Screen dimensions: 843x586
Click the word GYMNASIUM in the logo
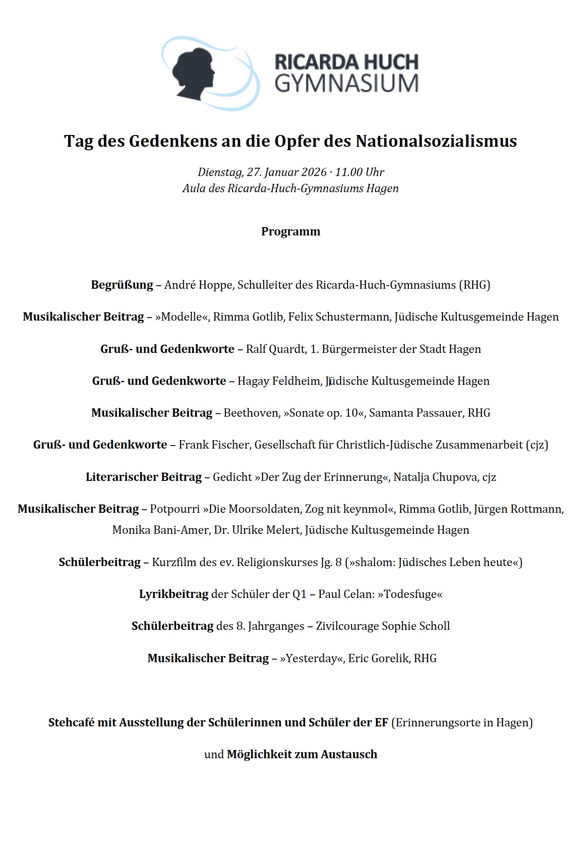[x=346, y=83]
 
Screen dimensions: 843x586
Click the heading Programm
[x=291, y=231]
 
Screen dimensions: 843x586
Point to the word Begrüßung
[x=122, y=285]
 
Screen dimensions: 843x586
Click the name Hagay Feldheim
[x=279, y=381]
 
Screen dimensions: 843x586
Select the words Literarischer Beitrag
[x=143, y=477]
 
